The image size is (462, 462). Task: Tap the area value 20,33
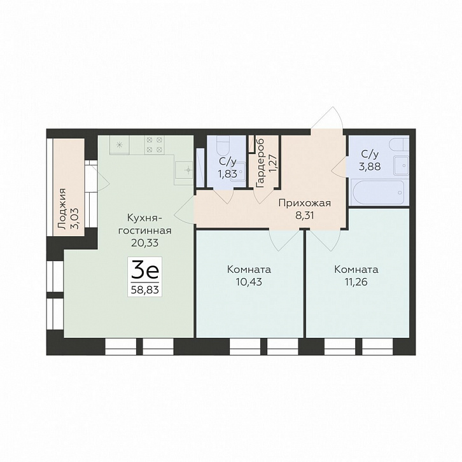tap(145, 243)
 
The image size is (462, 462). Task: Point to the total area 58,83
tap(144, 290)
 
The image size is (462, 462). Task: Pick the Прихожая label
tap(305, 204)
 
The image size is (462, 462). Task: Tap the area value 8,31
tap(305, 215)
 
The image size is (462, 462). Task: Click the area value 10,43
tap(249, 282)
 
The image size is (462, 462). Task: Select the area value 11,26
tap(356, 282)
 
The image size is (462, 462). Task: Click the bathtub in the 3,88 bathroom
tap(378, 192)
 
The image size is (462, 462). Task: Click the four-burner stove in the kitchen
tap(154, 144)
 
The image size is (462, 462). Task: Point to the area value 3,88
tap(370, 167)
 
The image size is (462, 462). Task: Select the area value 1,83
tap(227, 174)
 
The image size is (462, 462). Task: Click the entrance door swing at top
tap(327, 118)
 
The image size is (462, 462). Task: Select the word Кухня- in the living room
tap(144, 218)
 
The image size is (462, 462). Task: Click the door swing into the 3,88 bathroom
tap(339, 167)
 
